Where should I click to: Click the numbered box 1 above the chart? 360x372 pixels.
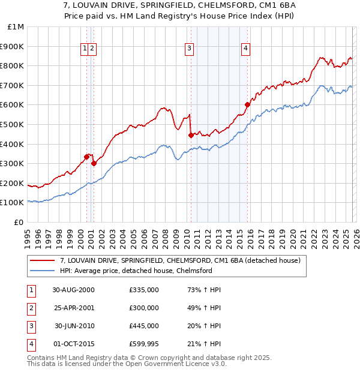coord(86,49)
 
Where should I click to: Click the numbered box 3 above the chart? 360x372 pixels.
coord(189,49)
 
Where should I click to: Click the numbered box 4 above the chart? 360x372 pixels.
coord(246,49)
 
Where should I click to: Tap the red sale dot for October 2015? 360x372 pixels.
coord(247,105)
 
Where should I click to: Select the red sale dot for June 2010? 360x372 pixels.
coord(191,135)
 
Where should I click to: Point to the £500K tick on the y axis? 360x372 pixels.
coord(13,124)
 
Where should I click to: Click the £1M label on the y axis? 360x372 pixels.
coord(16,26)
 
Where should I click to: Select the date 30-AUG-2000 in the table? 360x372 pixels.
coord(73,290)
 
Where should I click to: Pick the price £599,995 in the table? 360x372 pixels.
coord(144,344)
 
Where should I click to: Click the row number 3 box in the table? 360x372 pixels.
coord(31,326)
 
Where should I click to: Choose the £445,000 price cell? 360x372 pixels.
coord(144,326)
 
